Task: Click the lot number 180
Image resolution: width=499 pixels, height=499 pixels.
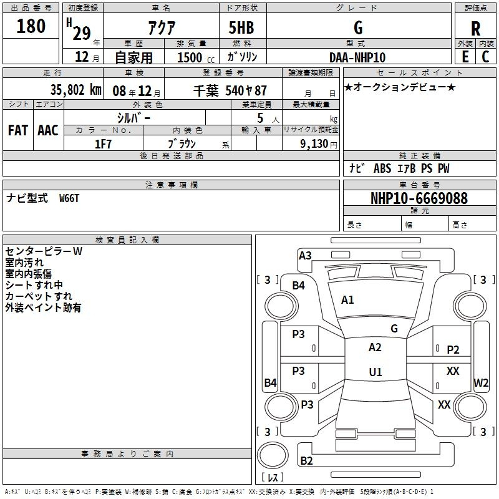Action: coord(31,26)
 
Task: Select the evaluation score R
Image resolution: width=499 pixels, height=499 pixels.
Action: coord(475,29)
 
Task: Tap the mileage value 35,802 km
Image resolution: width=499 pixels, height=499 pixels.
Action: coord(76,90)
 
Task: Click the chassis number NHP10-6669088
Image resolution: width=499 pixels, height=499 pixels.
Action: coord(419,198)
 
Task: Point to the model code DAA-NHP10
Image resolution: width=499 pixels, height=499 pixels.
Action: coord(357,57)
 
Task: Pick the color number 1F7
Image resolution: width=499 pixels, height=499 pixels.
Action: coord(103,144)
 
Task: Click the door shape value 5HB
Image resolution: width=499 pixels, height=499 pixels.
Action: coord(241,27)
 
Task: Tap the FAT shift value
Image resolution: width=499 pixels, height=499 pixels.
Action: coord(18,130)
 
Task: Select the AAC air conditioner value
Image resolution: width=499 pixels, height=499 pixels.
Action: coord(48,130)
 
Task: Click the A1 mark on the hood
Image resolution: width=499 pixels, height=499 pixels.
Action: coord(347,300)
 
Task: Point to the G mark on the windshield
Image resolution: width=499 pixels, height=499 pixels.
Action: coord(394,329)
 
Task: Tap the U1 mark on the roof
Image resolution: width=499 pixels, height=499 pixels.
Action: coord(375,372)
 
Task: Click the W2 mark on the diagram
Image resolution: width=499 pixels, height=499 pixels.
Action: coord(481,382)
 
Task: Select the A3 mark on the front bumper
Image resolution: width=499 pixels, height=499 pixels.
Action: coord(305,256)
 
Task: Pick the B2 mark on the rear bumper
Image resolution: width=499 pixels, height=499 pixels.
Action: coord(306,460)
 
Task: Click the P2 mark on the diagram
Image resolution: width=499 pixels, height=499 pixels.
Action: coord(453,350)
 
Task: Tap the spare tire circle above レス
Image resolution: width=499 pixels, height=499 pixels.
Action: coord(273,455)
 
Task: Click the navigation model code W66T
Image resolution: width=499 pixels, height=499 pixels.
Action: coord(69,198)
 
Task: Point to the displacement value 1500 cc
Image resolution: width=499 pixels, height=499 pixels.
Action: coord(196,58)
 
